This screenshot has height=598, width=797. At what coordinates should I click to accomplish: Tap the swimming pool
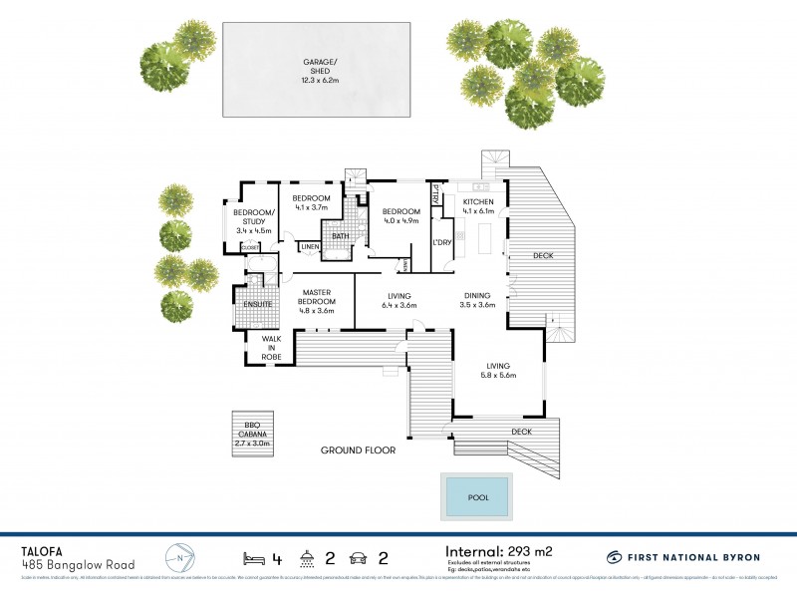[475, 495]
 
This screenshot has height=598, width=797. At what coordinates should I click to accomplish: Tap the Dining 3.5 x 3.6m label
[478, 300]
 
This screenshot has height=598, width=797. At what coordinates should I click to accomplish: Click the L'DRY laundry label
[441, 242]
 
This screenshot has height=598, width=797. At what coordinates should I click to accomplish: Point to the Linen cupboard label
[310, 246]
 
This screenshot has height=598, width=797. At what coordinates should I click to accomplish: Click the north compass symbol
[179, 555]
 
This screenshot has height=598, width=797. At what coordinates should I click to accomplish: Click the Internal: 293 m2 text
[497, 550]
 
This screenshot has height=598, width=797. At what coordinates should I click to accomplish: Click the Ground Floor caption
[358, 450]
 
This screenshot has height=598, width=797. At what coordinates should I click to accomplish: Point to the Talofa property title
[46, 548]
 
